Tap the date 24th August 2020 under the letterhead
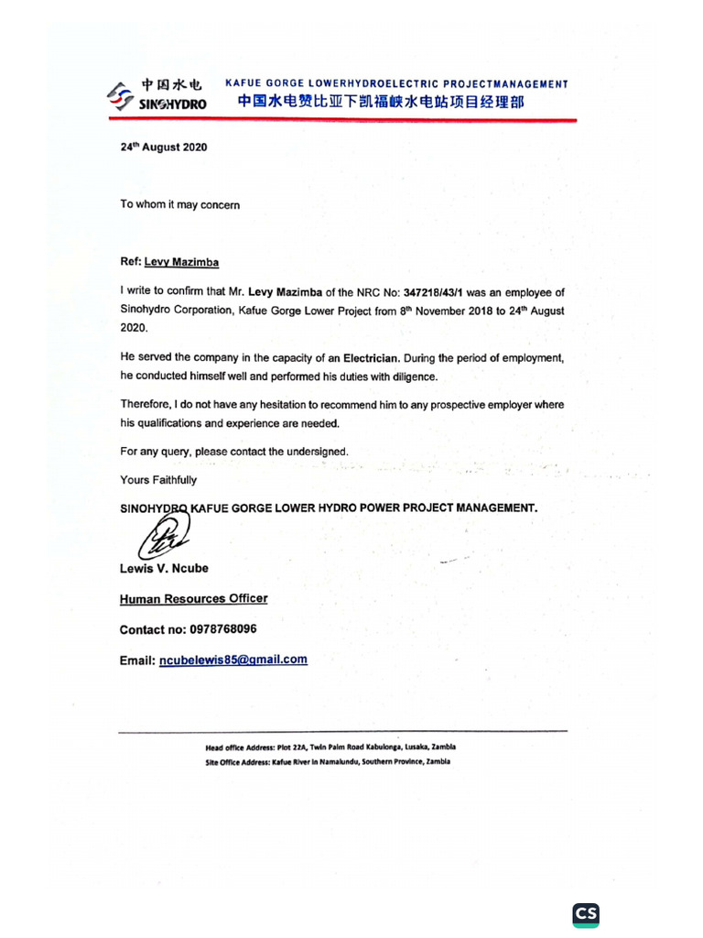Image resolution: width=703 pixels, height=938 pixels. coord(163,147)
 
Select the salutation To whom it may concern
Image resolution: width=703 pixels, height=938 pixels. coord(179,205)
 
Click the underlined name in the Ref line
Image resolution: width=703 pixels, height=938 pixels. coord(181,262)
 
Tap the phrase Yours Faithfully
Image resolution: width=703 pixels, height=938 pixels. coord(157,480)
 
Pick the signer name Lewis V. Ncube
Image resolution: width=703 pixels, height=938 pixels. coord(164,568)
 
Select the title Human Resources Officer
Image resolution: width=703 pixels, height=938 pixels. coord(193,599)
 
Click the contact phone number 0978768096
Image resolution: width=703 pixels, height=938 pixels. coord(222,630)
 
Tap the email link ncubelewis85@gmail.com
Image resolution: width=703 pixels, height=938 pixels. coord(233,660)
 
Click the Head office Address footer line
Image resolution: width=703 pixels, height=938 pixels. coord(330,747)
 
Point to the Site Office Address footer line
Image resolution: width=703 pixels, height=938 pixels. coord(328,762)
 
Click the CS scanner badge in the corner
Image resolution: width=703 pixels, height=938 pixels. coord(586,915)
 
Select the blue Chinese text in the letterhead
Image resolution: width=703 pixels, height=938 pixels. coord(381,103)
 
